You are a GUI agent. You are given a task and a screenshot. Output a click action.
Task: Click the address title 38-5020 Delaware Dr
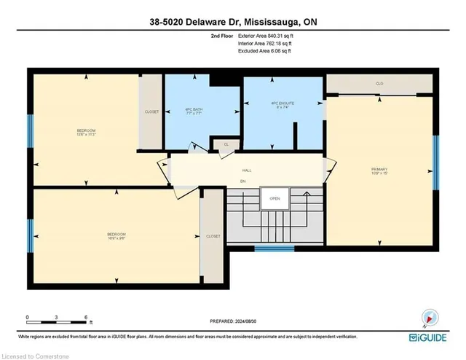[233, 22]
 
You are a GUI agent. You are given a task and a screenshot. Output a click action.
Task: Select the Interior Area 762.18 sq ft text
[264, 44]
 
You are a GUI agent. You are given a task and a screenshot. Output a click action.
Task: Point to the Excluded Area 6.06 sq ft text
[263, 52]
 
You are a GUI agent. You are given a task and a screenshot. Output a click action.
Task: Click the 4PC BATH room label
[194, 112]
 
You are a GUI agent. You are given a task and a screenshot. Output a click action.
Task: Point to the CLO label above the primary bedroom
[379, 84]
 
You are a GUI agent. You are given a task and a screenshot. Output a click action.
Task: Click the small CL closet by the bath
[226, 145]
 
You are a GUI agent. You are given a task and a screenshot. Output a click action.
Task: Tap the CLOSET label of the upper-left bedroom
[151, 112]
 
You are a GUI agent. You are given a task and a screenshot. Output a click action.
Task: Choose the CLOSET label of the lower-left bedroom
[213, 236]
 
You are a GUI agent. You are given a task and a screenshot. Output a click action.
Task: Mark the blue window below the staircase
[274, 249]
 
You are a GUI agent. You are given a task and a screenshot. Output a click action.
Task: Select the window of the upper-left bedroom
[30, 132]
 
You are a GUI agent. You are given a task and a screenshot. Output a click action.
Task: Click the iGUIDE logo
[432, 338]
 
